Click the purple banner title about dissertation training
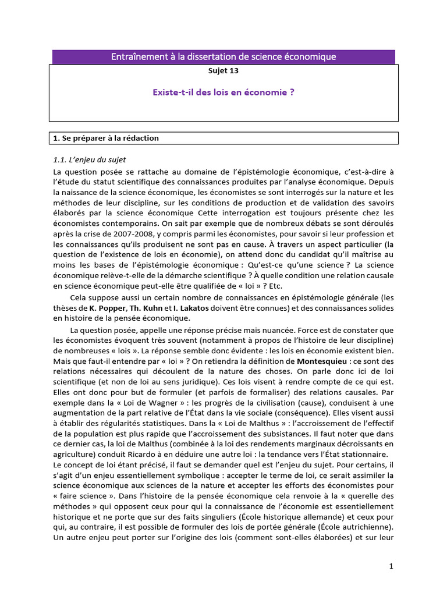coord(223,56)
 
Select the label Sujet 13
coord(223,72)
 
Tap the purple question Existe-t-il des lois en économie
coord(223,92)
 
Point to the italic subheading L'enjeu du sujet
coord(90,159)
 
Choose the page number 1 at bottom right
coord(392,566)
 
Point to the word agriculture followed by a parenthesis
coord(73,454)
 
